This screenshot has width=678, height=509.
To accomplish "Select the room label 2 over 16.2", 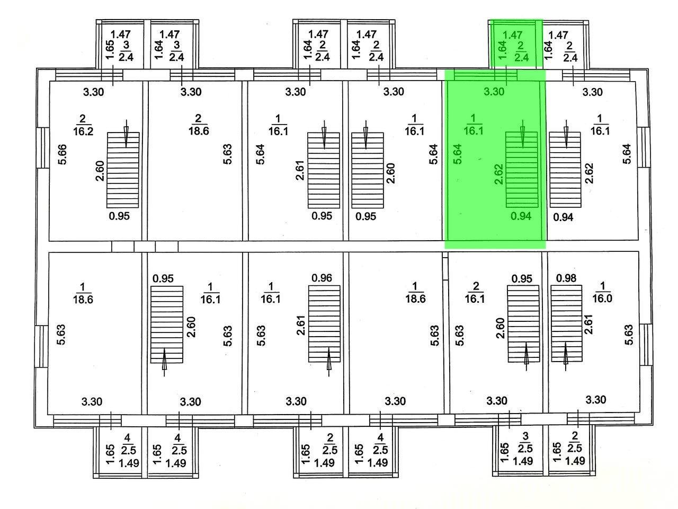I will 83,125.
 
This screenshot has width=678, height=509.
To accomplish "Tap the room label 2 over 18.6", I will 198,125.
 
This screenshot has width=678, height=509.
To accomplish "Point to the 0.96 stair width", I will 322,277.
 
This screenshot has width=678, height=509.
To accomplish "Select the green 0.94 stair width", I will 520,216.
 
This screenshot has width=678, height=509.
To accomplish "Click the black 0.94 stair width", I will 564,216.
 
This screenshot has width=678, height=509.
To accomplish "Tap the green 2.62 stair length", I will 498,173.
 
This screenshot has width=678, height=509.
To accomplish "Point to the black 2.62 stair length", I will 590,173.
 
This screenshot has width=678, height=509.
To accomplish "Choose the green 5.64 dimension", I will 458,154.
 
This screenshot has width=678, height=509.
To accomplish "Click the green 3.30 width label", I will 494,92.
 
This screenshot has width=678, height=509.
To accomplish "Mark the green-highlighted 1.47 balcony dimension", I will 512,35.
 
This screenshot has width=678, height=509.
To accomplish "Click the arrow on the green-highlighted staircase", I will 523,134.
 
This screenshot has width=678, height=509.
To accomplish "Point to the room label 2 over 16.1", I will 475,292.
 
